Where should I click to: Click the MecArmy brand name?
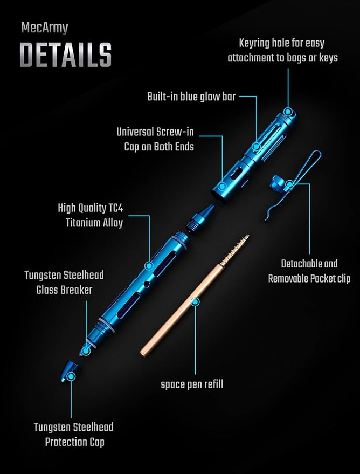click(45, 28)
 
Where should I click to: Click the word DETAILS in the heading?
click(66, 54)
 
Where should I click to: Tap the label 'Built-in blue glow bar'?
click(191, 97)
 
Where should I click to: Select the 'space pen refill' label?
click(192, 384)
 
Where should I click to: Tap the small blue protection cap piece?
click(69, 370)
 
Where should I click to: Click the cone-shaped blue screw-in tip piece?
click(199, 218)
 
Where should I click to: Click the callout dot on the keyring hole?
click(288, 112)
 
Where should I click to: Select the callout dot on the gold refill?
click(196, 301)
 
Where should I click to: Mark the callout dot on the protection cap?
click(71, 376)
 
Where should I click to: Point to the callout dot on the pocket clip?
click(289, 184)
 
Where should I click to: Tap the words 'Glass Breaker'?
click(64, 290)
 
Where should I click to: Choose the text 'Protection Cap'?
click(75, 442)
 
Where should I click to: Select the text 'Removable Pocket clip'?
click(309, 278)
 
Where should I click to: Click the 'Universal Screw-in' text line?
click(155, 132)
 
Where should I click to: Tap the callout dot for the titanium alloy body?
click(148, 266)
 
